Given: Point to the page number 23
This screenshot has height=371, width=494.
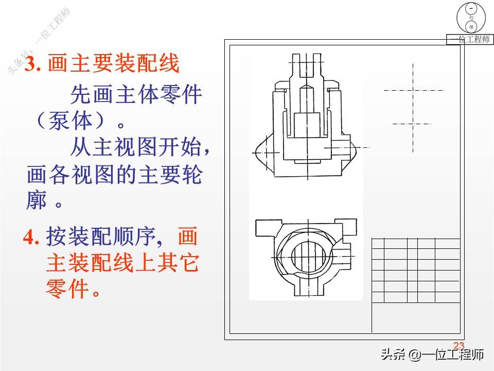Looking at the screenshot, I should coord(458,345).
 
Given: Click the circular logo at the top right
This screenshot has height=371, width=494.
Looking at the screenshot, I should coord(471,18).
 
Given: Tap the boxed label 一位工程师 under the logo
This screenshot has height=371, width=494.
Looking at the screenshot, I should coord(469,40).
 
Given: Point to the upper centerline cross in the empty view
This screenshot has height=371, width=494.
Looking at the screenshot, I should coord(413,90).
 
